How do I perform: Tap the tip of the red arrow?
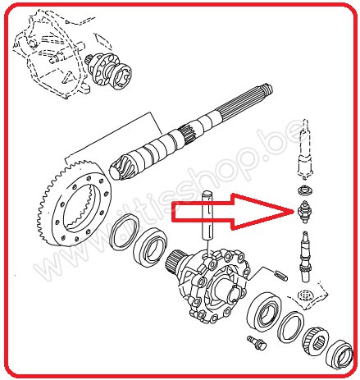(x=292, y=211)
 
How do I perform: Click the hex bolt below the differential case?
(x=253, y=340)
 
